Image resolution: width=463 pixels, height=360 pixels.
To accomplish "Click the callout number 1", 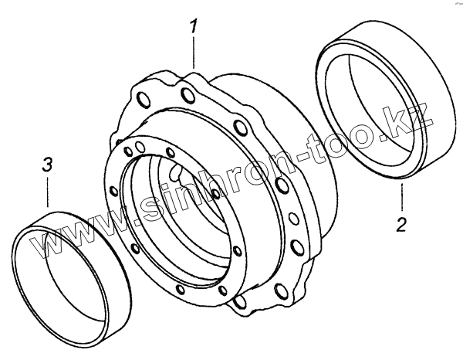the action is [x=193, y=26].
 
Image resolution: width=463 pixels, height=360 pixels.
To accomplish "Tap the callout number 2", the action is [x=401, y=224].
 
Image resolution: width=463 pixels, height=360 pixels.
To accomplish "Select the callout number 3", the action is [x=47, y=165].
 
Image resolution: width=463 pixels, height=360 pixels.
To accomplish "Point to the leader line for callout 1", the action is [x=194, y=53].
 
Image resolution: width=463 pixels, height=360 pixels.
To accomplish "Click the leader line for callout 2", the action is [x=401, y=197].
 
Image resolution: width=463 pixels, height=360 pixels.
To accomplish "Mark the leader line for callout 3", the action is [x=47, y=192].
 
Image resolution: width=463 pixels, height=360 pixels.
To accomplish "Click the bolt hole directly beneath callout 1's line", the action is [x=188, y=95].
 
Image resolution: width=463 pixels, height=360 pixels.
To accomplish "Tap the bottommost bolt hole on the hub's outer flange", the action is [x=240, y=301].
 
